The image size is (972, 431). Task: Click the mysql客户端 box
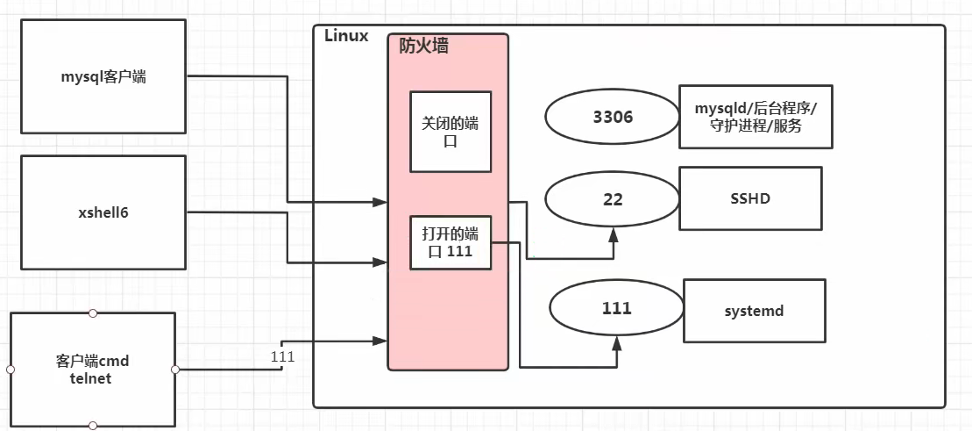(x=103, y=77)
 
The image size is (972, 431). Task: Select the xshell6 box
(x=103, y=212)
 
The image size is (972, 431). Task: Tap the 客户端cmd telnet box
(x=92, y=370)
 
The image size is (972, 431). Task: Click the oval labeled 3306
(x=613, y=117)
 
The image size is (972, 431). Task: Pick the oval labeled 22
(x=613, y=199)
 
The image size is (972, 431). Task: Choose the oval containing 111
(x=616, y=309)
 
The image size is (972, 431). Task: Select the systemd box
(x=754, y=310)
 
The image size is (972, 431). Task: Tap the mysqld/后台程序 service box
(x=755, y=117)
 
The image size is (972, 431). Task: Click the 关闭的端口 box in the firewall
(x=451, y=131)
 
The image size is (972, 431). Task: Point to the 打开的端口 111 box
(x=451, y=241)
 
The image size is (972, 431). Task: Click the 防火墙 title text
(x=424, y=47)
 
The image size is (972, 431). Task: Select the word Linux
(x=346, y=36)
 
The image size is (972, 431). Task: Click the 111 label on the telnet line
(x=283, y=357)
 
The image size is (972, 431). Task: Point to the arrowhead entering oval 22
(x=614, y=233)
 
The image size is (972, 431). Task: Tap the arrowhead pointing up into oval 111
(x=616, y=342)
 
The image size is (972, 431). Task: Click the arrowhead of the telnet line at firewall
(x=381, y=341)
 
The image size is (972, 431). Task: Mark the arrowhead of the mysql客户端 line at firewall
(x=381, y=202)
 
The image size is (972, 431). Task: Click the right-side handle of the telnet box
(x=175, y=370)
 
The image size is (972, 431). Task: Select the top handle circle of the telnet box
(x=93, y=313)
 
